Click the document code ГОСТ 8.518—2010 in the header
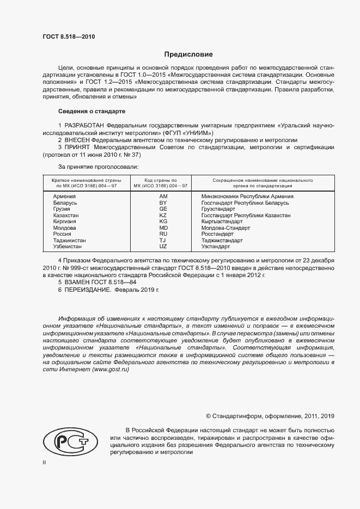(69, 36)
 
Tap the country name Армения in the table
(64, 196)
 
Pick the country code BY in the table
(163, 203)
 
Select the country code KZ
(163, 215)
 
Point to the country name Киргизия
(65, 222)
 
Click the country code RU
(163, 234)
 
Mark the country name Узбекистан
(68, 247)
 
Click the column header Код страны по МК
(163, 182)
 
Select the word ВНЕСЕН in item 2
(79, 140)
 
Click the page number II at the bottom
(44, 462)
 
